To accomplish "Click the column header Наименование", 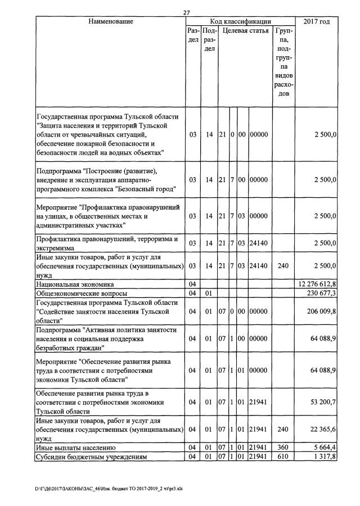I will (110, 21).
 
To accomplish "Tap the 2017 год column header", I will (316, 21).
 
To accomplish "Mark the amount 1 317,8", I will (325, 457).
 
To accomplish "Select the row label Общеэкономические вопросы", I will (82, 293).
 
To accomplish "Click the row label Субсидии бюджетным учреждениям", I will (91, 457).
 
